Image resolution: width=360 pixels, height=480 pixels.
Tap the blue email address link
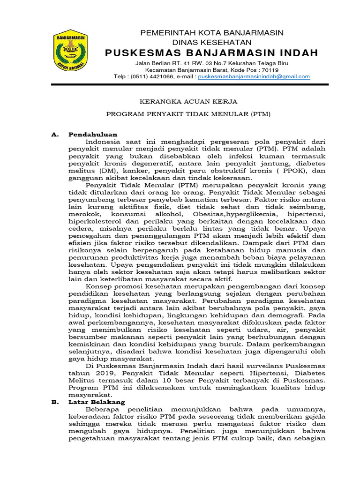254,76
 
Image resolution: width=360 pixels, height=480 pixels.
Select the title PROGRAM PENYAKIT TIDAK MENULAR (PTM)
188,114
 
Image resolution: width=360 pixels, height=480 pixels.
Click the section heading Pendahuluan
92,135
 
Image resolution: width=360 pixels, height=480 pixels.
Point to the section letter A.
54,135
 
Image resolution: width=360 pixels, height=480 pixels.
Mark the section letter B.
54,402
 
